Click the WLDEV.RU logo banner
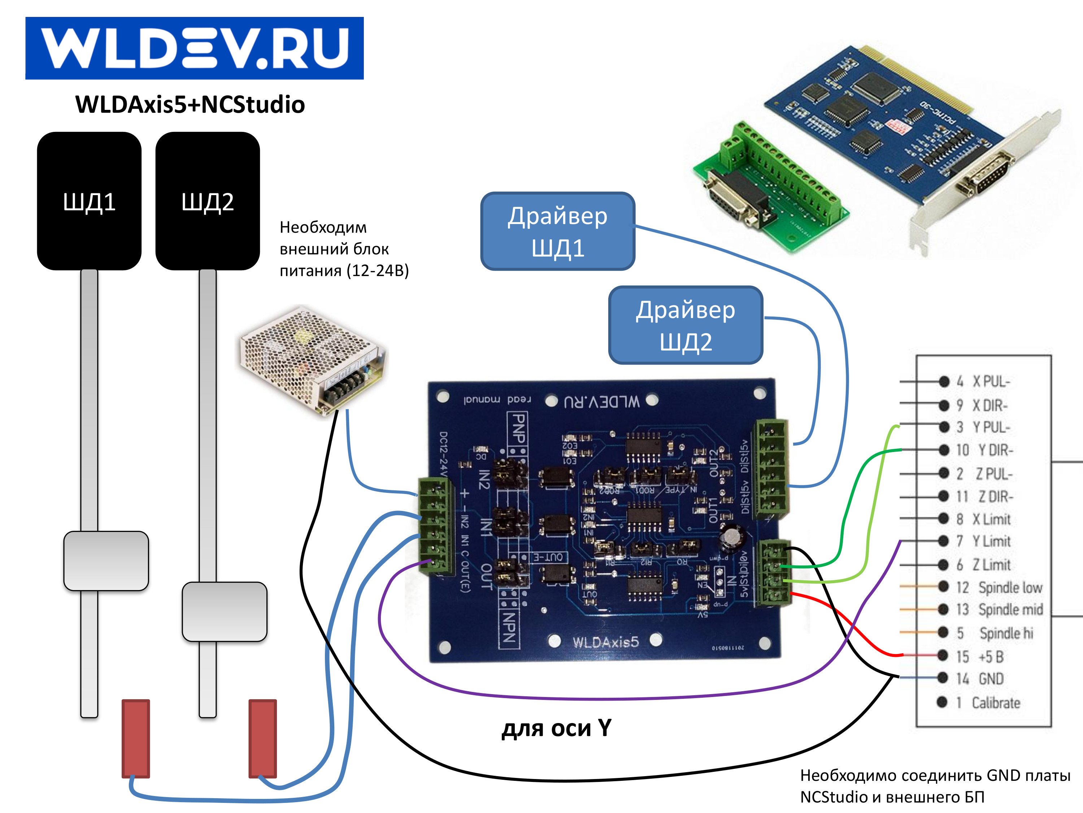(x=194, y=48)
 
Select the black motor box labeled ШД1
(x=89, y=201)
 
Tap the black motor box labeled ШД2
(x=208, y=201)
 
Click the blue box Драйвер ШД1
(x=558, y=231)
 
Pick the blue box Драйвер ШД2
(x=686, y=326)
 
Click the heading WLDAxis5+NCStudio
(x=190, y=104)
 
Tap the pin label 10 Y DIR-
(x=984, y=450)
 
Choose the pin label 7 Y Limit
(x=983, y=542)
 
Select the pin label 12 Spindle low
(x=999, y=587)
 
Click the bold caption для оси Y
(x=557, y=728)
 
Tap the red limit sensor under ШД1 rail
(x=136, y=738)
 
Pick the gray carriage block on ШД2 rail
(x=224, y=612)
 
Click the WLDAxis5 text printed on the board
(x=606, y=642)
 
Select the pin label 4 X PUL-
(x=983, y=381)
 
